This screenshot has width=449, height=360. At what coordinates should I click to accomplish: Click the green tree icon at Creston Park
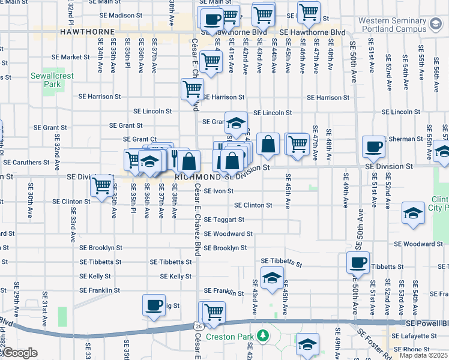tap(261, 335)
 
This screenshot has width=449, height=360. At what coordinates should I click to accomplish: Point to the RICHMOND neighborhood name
tap(198, 178)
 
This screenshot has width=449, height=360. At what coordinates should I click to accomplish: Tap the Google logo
tap(20, 353)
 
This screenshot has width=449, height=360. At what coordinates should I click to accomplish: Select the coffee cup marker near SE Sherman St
tap(373, 146)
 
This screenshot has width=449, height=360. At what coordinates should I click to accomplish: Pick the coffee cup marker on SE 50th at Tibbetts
tap(358, 262)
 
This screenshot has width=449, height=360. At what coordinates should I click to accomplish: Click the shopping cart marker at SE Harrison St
tap(192, 89)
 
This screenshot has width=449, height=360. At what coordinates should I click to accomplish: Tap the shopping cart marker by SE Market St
tap(211, 61)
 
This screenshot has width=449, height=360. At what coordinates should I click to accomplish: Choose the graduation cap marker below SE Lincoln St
tap(237, 122)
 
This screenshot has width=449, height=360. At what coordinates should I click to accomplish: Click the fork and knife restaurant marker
tap(175, 158)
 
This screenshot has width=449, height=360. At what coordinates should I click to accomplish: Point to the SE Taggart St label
tap(224, 220)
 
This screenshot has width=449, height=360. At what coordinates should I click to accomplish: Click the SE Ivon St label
tap(218, 191)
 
